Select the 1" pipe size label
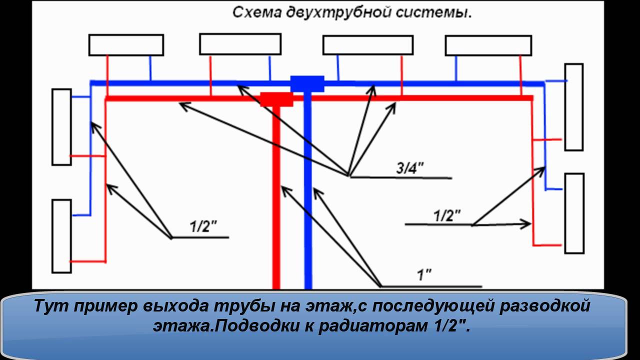tap(424, 274)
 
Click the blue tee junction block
tap(307, 83)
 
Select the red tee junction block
tap(276, 98)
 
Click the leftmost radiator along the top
tap(126, 44)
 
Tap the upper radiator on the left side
tap(61, 126)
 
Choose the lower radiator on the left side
tap(61, 236)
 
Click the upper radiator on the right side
tap(573, 107)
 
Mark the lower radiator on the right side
tap(574, 213)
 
